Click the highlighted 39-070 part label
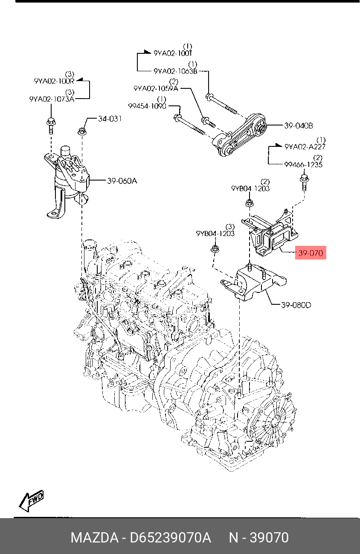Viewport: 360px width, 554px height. click(x=311, y=253)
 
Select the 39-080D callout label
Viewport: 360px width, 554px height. click(x=296, y=305)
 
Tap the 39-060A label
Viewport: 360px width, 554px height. click(x=122, y=181)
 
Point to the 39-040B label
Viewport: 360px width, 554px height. click(x=299, y=125)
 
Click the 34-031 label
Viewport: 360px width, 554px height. click(x=110, y=119)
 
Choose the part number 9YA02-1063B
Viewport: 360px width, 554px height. click(x=175, y=71)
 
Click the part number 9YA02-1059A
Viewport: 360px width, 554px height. click(x=156, y=88)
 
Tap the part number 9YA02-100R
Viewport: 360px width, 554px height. click(x=54, y=80)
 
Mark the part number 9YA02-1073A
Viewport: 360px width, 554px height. click(x=52, y=99)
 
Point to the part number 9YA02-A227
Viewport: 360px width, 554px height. click(x=305, y=146)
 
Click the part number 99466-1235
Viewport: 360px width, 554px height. click(x=303, y=164)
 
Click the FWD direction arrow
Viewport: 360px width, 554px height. click(x=31, y=501)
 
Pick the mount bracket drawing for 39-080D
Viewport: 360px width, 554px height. click(x=253, y=283)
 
